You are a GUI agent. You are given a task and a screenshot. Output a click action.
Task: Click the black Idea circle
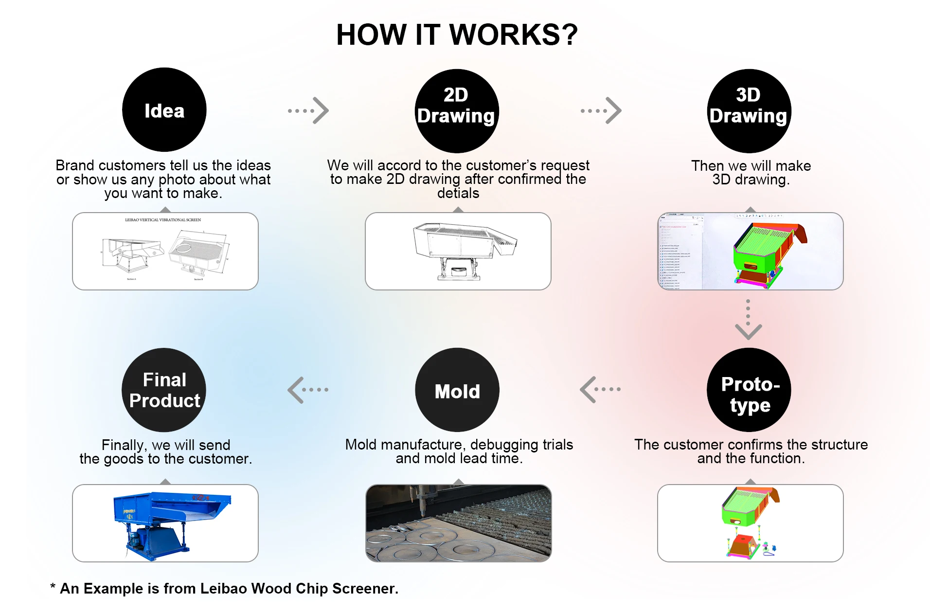click(x=164, y=110)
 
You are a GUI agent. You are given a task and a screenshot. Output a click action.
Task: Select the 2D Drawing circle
click(x=457, y=111)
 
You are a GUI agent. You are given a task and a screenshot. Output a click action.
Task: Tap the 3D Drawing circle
click(x=749, y=111)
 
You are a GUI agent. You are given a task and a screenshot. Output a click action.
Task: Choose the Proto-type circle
click(x=749, y=390)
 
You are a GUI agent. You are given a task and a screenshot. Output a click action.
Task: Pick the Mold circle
click(x=457, y=390)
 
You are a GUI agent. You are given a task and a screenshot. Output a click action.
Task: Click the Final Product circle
click(x=164, y=390)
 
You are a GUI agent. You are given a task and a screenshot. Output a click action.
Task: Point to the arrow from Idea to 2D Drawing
click(x=309, y=110)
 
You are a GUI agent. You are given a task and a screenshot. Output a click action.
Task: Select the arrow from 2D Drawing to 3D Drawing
click(x=602, y=110)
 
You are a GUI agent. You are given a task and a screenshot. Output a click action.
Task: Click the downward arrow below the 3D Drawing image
click(x=748, y=320)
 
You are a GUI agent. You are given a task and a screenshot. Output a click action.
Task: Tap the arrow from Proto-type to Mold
click(x=600, y=389)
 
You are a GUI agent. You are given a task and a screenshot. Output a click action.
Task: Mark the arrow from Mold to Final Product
click(x=308, y=390)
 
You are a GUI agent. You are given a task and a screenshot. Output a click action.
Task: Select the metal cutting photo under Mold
click(x=458, y=523)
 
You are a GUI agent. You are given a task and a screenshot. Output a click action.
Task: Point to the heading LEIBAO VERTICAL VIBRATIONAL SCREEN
click(x=163, y=220)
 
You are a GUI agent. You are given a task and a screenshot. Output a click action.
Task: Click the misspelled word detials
click(x=458, y=194)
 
